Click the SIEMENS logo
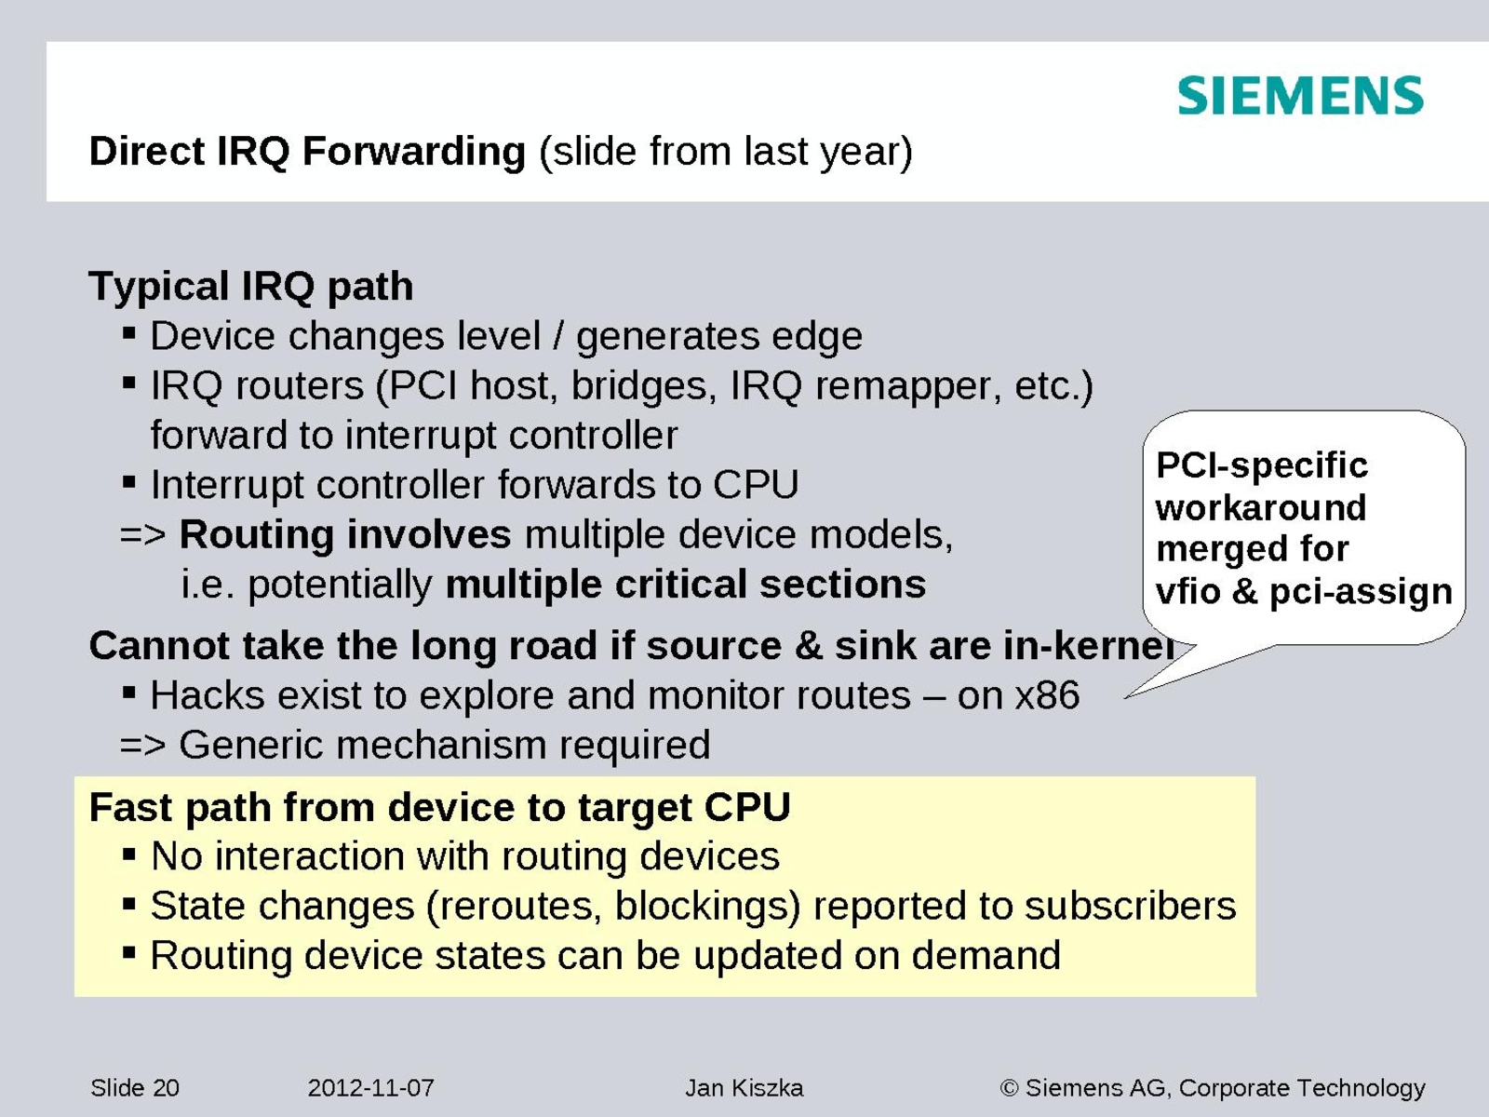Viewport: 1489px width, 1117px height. (1300, 96)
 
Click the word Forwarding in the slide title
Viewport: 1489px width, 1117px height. (414, 151)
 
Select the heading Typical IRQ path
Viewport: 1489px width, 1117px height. (251, 286)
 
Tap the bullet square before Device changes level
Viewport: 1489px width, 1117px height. (128, 333)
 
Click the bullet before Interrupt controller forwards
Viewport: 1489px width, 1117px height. (128, 482)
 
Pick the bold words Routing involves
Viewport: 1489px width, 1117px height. (345, 534)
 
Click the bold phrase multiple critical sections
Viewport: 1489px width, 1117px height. (686, 584)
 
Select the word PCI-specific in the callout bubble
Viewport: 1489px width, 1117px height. (1262, 465)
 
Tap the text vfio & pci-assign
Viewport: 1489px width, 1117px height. (1304, 591)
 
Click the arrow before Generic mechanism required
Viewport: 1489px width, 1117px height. (143, 746)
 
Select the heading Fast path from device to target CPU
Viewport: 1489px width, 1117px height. (439, 808)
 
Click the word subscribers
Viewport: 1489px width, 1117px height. (1131, 906)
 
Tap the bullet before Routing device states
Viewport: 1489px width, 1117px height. (128, 953)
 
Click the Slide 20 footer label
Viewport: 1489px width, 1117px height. (135, 1088)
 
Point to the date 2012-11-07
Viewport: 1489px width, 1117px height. (370, 1088)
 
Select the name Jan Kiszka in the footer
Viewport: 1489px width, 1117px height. (744, 1088)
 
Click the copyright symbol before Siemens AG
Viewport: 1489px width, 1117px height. (1010, 1088)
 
